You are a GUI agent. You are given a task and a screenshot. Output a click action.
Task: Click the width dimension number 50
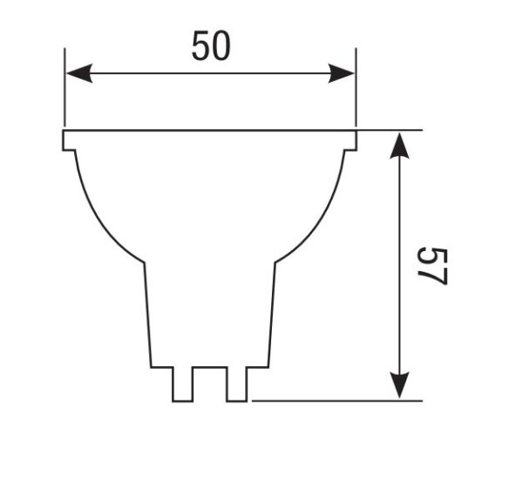(x=211, y=45)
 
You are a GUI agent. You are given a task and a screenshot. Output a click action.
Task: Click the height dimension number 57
(x=431, y=266)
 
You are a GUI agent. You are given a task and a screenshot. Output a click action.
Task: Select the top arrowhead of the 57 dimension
(x=399, y=145)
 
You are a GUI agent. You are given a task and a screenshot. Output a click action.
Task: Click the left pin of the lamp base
(x=182, y=384)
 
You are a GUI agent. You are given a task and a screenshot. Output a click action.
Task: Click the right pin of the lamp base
(x=237, y=384)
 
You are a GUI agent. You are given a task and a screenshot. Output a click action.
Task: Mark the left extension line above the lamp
(x=65, y=96)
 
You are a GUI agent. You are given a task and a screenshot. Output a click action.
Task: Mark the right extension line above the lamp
(x=356, y=96)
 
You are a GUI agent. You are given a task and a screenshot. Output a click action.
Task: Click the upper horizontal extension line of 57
(x=392, y=130)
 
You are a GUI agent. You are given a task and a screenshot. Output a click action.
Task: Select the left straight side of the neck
(x=147, y=314)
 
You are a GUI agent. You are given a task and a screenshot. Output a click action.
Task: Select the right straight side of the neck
(x=272, y=314)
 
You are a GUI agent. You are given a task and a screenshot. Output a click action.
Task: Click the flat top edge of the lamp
(x=210, y=131)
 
